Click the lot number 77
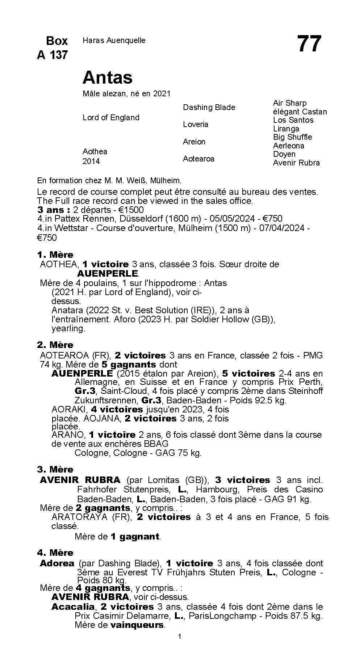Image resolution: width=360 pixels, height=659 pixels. [309, 44]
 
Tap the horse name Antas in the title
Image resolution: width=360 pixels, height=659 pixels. [108, 77]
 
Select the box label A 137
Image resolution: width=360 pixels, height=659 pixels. [52, 55]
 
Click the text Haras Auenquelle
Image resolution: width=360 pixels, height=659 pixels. [114, 41]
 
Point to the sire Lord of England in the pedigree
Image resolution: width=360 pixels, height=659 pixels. [111, 118]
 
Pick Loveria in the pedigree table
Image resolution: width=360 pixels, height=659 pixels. [195, 125]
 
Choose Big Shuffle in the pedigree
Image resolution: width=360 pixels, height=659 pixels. [292, 137]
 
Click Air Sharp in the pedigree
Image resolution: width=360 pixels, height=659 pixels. [289, 103]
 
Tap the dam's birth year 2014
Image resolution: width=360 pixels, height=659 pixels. [91, 161]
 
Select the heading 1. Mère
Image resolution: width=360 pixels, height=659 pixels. [55, 255]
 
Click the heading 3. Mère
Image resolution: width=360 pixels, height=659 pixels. [55, 469]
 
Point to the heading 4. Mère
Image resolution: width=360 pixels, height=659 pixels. [55, 553]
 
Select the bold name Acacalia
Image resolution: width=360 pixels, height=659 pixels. [73, 606]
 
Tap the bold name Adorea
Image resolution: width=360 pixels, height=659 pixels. [57, 563]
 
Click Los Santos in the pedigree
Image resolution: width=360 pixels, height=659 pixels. [293, 120]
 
